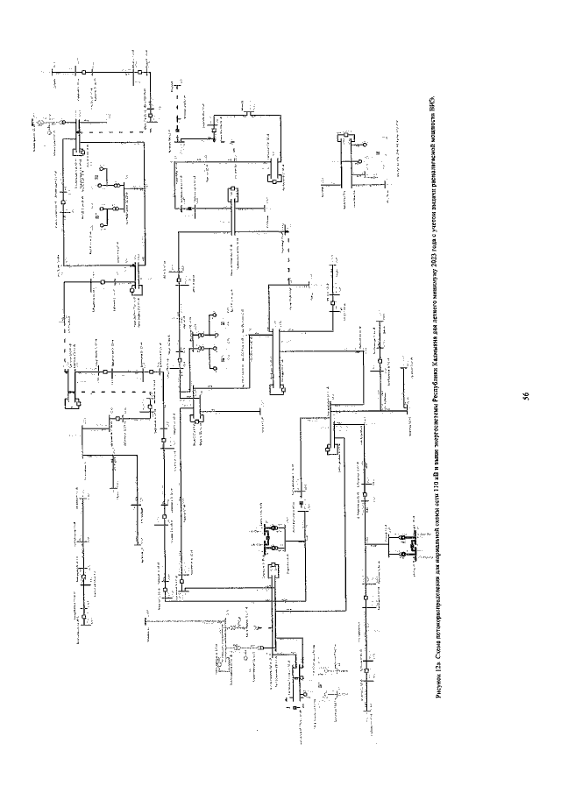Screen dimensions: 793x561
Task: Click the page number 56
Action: click(x=525, y=397)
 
